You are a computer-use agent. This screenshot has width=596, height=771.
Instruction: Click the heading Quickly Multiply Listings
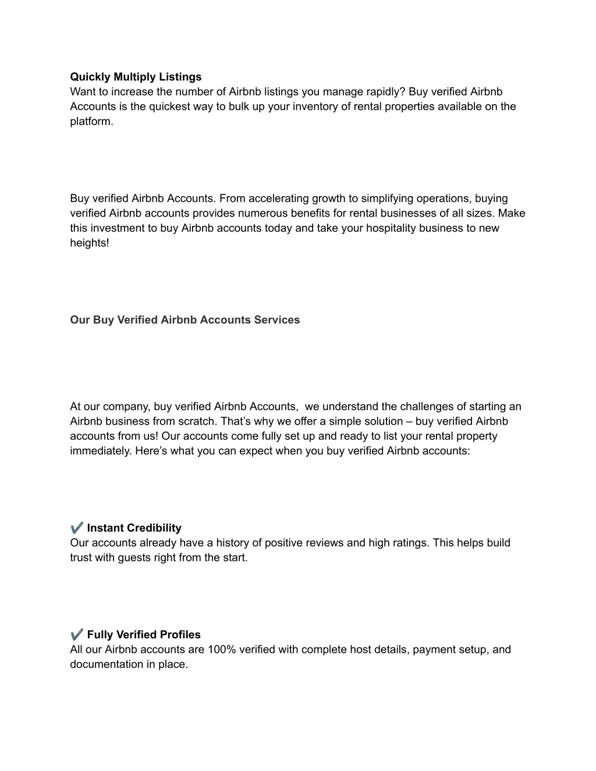point(136,77)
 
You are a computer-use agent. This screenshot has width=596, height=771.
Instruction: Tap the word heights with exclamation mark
point(90,243)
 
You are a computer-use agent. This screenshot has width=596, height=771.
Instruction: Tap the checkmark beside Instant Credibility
point(77,528)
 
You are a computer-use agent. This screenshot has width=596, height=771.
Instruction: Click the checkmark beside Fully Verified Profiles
point(77,634)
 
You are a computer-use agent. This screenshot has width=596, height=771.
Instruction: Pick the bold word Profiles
point(180,635)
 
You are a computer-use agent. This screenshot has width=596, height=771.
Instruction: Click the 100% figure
point(221,649)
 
